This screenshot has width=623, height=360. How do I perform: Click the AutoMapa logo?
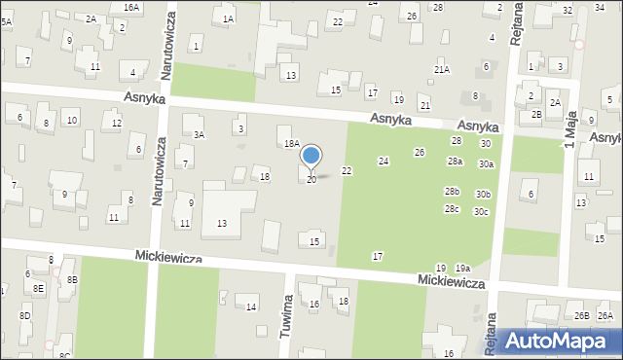coord(561,341)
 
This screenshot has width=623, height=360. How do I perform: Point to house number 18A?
coord(291,144)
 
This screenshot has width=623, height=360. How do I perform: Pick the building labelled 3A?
coord(199,135)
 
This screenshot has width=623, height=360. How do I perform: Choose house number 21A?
coord(442,70)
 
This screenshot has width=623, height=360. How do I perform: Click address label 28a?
coord(455,162)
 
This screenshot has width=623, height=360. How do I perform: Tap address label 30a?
coord(486,164)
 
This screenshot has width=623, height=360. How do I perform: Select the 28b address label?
coord(452,192)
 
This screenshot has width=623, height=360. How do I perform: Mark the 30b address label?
coord(484,195)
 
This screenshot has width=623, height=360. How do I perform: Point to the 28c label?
coord(452,209)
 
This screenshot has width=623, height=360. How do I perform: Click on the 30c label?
coord(481,212)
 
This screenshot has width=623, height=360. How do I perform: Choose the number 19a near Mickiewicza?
coord(462,269)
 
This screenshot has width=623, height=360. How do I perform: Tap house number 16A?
coord(131,7)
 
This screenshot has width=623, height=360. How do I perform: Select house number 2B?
coord(536,115)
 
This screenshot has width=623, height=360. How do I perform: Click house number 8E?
coord(38,288)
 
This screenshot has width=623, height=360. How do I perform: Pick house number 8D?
coord(24,316)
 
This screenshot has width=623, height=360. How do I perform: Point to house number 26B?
coord(581,316)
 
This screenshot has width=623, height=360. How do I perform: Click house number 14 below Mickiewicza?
coord(251,307)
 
